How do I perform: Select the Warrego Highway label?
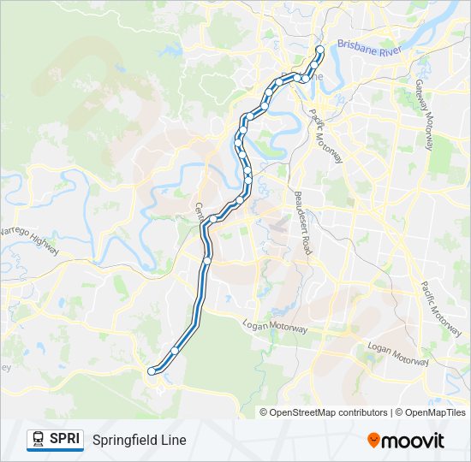[x=27, y=242]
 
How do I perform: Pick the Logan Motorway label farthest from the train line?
[x=396, y=354]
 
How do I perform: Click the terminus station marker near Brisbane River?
[x=320, y=50]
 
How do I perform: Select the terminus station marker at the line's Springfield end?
[x=152, y=370]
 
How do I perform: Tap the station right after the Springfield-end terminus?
[x=175, y=350]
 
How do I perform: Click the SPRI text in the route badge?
[x=65, y=439]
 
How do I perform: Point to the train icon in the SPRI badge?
[x=39, y=440]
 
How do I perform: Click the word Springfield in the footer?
[x=125, y=440]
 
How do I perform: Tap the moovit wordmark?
[x=414, y=441]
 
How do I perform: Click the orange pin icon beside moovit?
[x=373, y=441]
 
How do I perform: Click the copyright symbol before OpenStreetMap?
[x=265, y=412]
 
